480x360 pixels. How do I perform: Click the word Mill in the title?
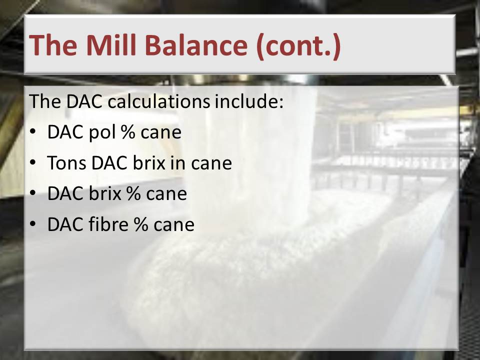click(x=111, y=44)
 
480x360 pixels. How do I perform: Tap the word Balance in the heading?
click(x=196, y=44)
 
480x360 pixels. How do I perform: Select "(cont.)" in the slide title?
click(x=298, y=46)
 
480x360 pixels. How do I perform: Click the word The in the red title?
click(x=53, y=44)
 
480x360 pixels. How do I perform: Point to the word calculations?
click(x=159, y=101)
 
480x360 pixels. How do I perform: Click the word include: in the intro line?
click(x=249, y=101)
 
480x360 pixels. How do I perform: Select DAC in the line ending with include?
click(x=84, y=101)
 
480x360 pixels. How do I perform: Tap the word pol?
click(x=102, y=133)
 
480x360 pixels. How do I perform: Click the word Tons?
click(x=66, y=163)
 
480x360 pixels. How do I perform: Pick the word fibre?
click(x=108, y=224)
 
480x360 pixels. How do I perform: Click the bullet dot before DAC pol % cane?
click(x=33, y=131)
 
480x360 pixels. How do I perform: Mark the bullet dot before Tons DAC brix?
click(x=33, y=162)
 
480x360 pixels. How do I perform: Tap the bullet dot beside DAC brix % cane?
click(x=33, y=193)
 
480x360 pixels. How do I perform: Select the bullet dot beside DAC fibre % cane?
click(x=33, y=224)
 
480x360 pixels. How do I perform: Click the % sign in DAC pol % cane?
click(x=128, y=132)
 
